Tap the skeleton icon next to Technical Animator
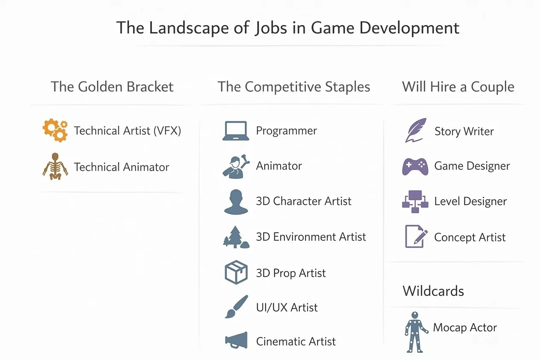click(55, 166)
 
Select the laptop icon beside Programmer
click(235, 131)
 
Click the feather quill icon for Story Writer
click(416, 130)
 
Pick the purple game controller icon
click(415, 166)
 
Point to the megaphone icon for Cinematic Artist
click(236, 341)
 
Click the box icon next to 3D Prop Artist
click(236, 272)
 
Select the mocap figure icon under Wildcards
click(415, 331)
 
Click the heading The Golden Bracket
click(112, 87)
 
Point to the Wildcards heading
click(433, 291)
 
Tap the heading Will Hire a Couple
click(458, 87)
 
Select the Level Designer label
click(470, 201)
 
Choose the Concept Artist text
click(470, 237)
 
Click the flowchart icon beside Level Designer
click(415, 201)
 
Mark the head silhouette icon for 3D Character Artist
click(236, 201)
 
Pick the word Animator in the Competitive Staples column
click(279, 166)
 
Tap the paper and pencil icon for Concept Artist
click(416, 236)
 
